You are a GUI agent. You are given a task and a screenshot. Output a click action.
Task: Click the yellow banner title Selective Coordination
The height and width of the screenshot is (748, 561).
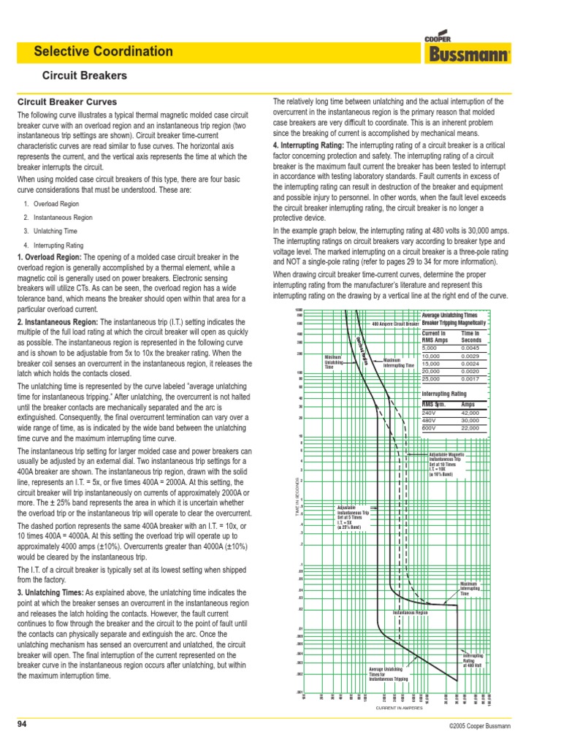pos(103,52)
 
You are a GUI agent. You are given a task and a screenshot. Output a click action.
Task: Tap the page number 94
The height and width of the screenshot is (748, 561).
pos(22,724)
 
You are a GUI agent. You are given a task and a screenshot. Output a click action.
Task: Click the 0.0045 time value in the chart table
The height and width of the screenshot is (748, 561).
pos(471,348)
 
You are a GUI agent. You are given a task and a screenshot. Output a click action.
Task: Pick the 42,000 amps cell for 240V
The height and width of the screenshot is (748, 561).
pos(471,413)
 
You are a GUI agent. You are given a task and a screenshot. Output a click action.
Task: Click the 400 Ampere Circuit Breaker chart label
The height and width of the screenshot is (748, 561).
pos(395,323)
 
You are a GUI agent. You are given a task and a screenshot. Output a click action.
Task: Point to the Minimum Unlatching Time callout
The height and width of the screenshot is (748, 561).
pos(333,362)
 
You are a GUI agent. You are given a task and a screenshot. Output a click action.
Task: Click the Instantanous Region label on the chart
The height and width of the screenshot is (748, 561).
pos(410,612)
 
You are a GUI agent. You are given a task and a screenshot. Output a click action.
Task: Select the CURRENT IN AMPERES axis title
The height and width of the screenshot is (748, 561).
pos(400,709)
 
